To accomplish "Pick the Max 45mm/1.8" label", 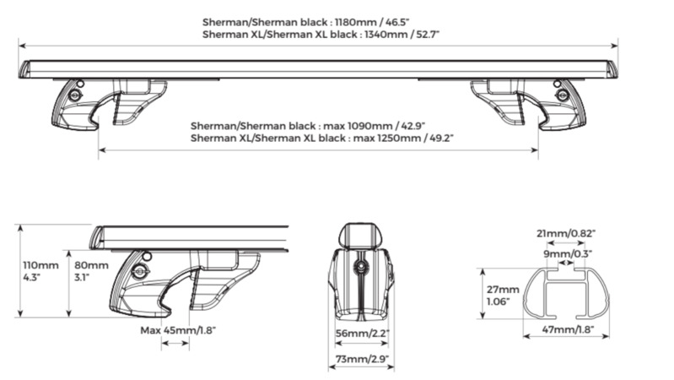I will coord(178,330).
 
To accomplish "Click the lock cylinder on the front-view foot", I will coord(361,267).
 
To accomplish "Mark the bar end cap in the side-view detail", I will coord(98,237).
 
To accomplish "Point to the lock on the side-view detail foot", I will coord(139,272).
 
